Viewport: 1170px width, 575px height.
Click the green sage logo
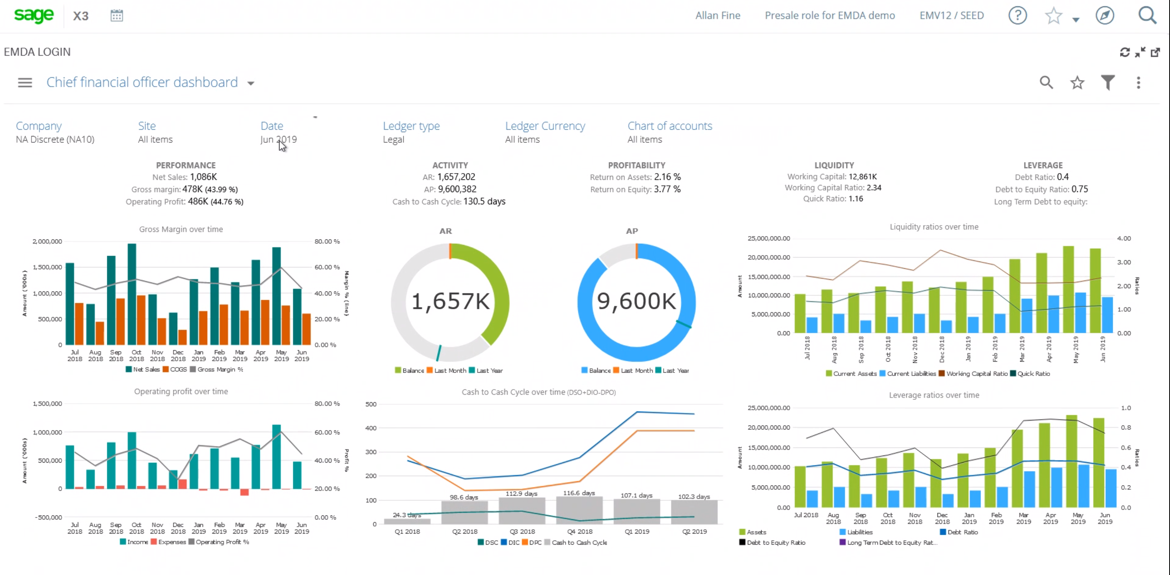[x=34, y=15]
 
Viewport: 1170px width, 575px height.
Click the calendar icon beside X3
[x=117, y=15]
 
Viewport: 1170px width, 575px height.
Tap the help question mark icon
[x=1017, y=15]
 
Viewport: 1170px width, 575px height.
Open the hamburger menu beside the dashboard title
[x=25, y=83]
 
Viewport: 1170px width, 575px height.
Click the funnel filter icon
[x=1108, y=82]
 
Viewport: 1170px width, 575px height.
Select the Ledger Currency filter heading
[x=545, y=126]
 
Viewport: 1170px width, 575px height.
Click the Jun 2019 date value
[x=278, y=140]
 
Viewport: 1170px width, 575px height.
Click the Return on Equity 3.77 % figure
[x=667, y=189]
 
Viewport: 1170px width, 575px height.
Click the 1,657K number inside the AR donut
[x=450, y=301]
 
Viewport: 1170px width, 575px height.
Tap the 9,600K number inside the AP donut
[x=636, y=301]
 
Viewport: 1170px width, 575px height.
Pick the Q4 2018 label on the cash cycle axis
[x=579, y=531]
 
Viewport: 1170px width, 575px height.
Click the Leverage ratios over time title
[x=934, y=395]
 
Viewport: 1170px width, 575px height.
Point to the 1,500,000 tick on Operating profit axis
[x=47, y=403]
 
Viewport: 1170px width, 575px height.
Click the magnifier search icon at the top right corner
[x=1147, y=15]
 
